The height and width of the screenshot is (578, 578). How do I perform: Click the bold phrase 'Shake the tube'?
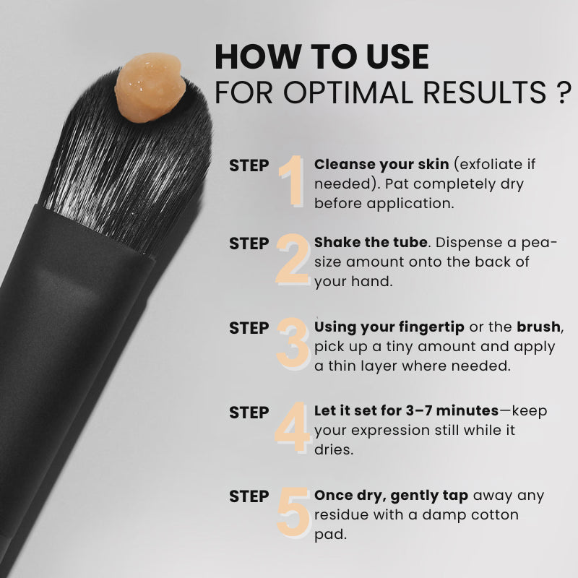367,241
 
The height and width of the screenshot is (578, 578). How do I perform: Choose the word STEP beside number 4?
249,413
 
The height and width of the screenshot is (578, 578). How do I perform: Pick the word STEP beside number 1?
249,165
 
